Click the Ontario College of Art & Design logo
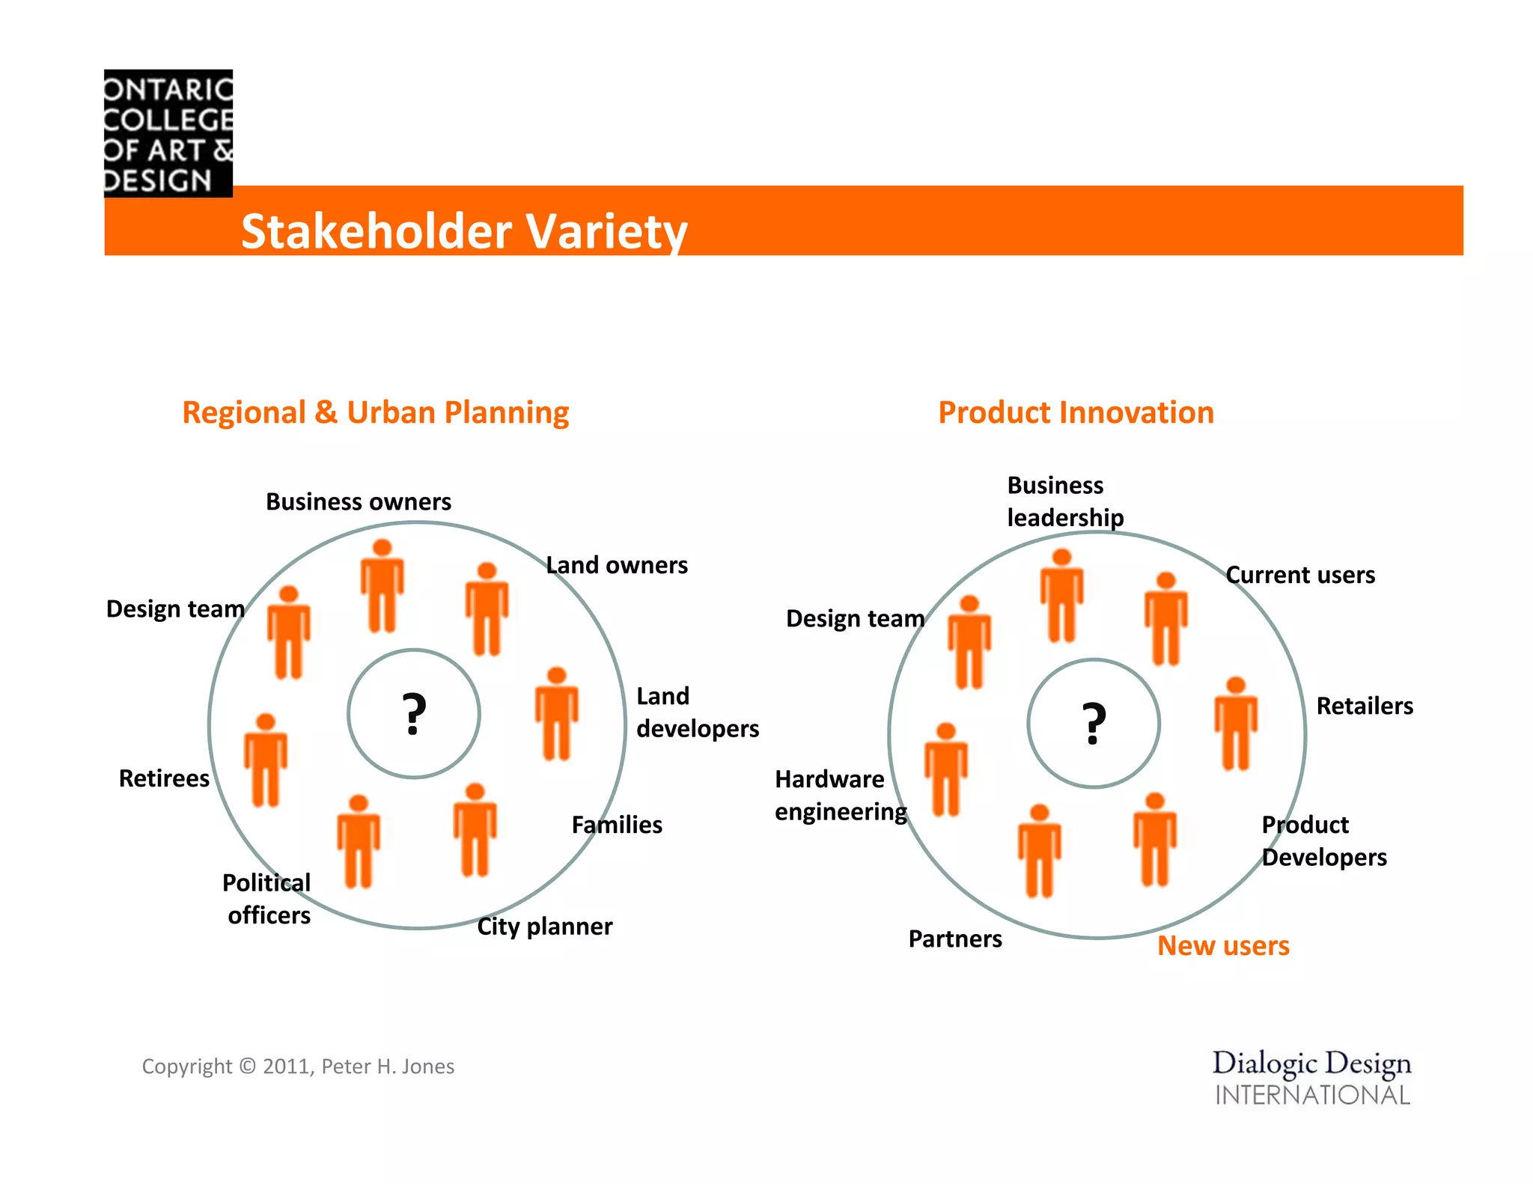coord(168,133)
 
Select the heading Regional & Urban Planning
coord(375,412)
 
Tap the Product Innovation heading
coord(1076,412)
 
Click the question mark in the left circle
coord(414,715)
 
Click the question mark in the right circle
coord(1094,724)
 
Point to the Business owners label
coord(359,501)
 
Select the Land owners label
coord(616,565)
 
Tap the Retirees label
coord(164,778)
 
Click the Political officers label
coord(267,899)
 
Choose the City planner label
coord(544,927)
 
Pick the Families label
coord(617,825)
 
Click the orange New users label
coord(1223,946)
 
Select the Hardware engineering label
coord(840,796)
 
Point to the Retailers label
coord(1364,706)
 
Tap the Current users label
coord(1300,575)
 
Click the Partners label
coord(954,939)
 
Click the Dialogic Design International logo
coord(1311,1078)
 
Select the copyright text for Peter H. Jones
coord(298,1066)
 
